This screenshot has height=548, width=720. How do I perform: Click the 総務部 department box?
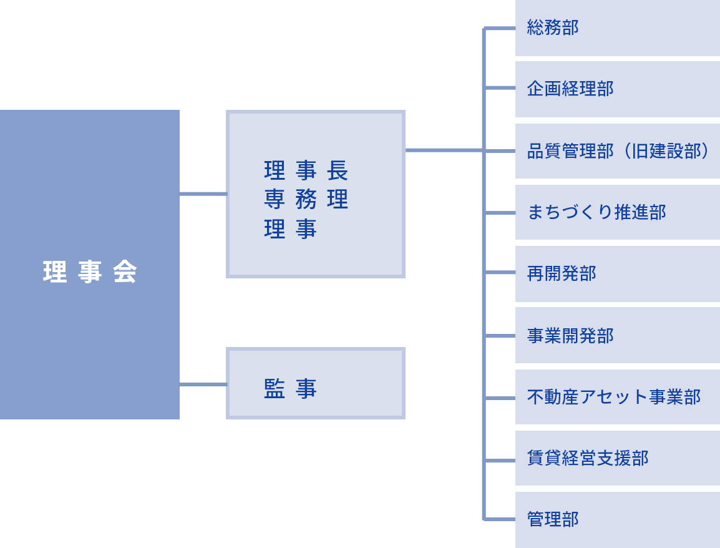click(x=618, y=27)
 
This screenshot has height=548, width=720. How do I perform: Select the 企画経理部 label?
click(x=570, y=89)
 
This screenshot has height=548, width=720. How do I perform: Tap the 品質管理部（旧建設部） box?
click(x=618, y=150)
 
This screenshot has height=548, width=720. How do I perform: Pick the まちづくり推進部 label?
click(x=596, y=212)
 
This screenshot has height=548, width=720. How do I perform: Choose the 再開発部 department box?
click(x=618, y=274)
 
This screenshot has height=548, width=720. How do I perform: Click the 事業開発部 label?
click(x=570, y=336)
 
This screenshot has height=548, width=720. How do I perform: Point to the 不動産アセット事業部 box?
click(x=618, y=397)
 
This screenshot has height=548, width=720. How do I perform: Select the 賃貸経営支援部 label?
click(x=588, y=458)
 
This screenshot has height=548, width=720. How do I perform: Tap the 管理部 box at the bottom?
click(x=618, y=519)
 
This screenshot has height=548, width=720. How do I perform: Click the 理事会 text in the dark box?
click(x=90, y=272)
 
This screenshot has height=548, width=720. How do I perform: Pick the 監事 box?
click(x=316, y=383)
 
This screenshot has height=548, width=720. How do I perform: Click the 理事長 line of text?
click(x=306, y=170)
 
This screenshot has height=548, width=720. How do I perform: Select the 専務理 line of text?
click(x=306, y=199)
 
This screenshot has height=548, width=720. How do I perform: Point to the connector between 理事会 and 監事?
click(x=203, y=384)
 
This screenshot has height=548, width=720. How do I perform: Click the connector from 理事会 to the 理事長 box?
click(x=203, y=194)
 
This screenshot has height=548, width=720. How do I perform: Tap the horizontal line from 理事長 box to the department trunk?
click(x=444, y=150)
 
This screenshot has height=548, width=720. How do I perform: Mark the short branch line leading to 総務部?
click(x=500, y=29)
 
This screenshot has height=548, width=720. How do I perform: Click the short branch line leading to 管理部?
click(x=500, y=519)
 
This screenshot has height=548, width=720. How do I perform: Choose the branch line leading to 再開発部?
click(x=500, y=272)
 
